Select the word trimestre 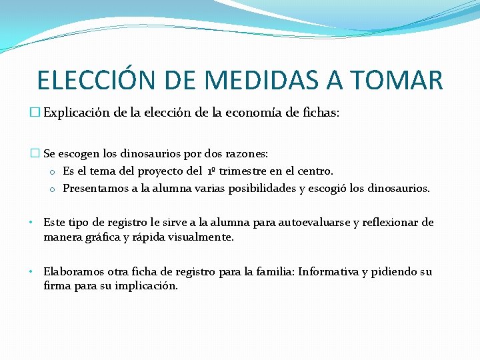[x=249, y=171]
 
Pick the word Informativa [x=328, y=271]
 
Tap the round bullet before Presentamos [x=52, y=189]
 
